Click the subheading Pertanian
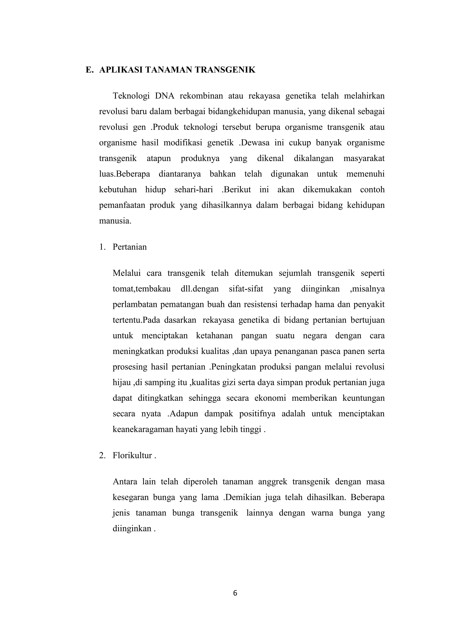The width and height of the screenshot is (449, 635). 129,247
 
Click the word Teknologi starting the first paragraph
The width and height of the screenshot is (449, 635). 131,96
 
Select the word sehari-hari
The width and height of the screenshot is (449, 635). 194,190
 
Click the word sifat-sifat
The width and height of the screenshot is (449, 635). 246,289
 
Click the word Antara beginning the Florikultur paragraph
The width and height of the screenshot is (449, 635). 125,482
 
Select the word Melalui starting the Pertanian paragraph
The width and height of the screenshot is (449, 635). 126,273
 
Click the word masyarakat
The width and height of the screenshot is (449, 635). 364,159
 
